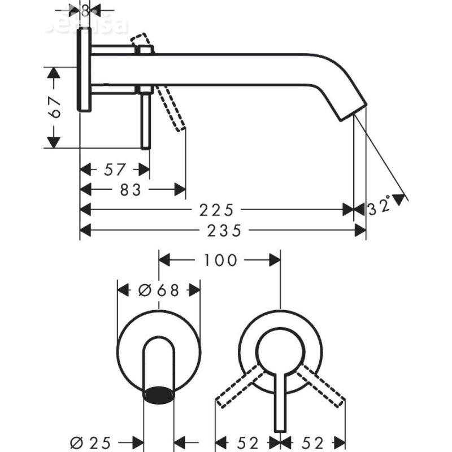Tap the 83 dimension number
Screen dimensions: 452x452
tap(130, 190)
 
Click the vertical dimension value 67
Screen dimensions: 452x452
tap(55, 106)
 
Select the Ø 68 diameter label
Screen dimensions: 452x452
tap(159, 290)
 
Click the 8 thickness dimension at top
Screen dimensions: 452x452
tap(85, 10)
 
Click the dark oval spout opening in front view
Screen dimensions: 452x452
tap(159, 394)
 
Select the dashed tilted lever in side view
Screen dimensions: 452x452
tap(173, 110)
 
